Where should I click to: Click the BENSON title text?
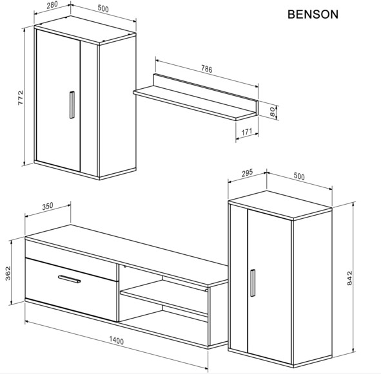click(313, 15)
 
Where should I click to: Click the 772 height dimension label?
click(21, 98)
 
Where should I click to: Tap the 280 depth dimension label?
click(52, 5)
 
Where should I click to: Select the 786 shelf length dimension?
click(207, 69)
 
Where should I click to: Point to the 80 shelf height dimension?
click(273, 112)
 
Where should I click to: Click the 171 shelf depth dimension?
click(247, 132)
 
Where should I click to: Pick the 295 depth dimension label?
click(248, 173)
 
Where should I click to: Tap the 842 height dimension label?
click(349, 278)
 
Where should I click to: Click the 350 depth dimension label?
click(48, 206)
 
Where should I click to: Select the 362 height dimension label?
click(8, 274)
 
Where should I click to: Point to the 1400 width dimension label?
click(117, 341)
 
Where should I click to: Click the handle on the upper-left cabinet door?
click(72, 105)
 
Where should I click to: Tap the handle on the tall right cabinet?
click(253, 283)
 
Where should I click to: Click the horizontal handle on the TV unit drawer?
click(69, 279)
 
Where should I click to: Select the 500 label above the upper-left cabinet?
click(103, 8)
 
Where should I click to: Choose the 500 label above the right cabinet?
click(299, 176)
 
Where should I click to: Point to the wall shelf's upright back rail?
click(206, 93)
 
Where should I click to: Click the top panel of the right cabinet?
click(280, 205)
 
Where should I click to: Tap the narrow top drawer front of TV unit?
click(71, 259)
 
